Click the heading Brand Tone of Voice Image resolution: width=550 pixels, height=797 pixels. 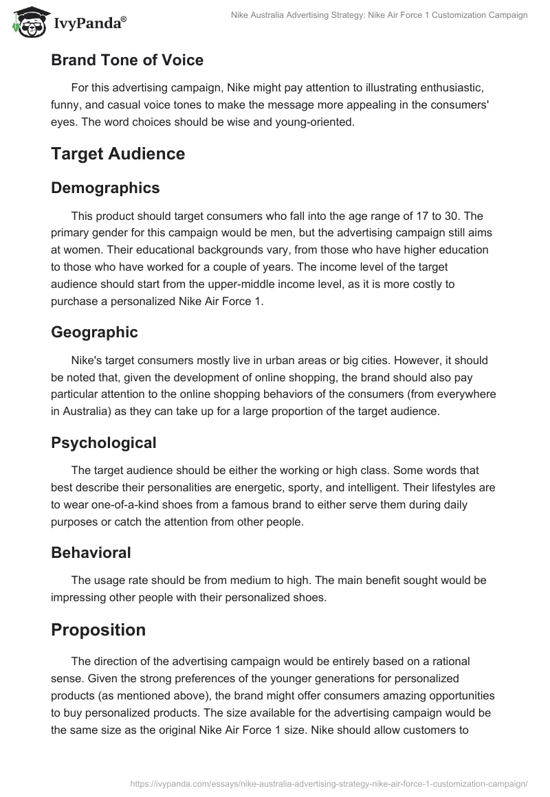pos(127,60)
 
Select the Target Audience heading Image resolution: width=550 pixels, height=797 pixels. pos(118,153)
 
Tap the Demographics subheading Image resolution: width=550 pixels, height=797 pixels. pos(105,188)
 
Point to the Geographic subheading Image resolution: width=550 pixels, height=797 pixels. pos(94,332)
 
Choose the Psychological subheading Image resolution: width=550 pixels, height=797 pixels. pos(104,442)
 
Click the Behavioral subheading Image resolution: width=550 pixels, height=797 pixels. pos(91,552)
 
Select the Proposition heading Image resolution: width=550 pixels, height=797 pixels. pos(98,629)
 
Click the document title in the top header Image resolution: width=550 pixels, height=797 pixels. pos(380,15)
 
